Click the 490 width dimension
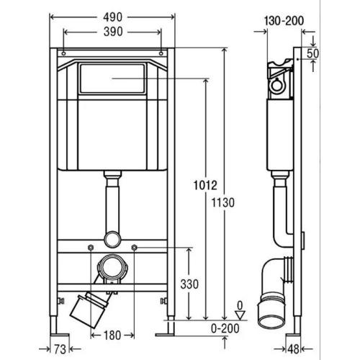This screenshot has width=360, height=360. click(x=112, y=17)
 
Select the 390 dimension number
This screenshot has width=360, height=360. click(x=113, y=32)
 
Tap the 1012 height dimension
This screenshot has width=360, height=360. click(x=205, y=185)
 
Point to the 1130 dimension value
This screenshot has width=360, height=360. click(x=223, y=203)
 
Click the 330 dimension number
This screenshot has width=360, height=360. click(x=189, y=284)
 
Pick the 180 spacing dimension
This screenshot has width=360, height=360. click(x=112, y=335)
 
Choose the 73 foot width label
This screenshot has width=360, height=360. click(x=60, y=349)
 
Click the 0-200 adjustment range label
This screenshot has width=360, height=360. click(x=225, y=328)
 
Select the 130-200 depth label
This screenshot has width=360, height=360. click(x=284, y=21)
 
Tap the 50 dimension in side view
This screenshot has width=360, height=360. click(x=312, y=53)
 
